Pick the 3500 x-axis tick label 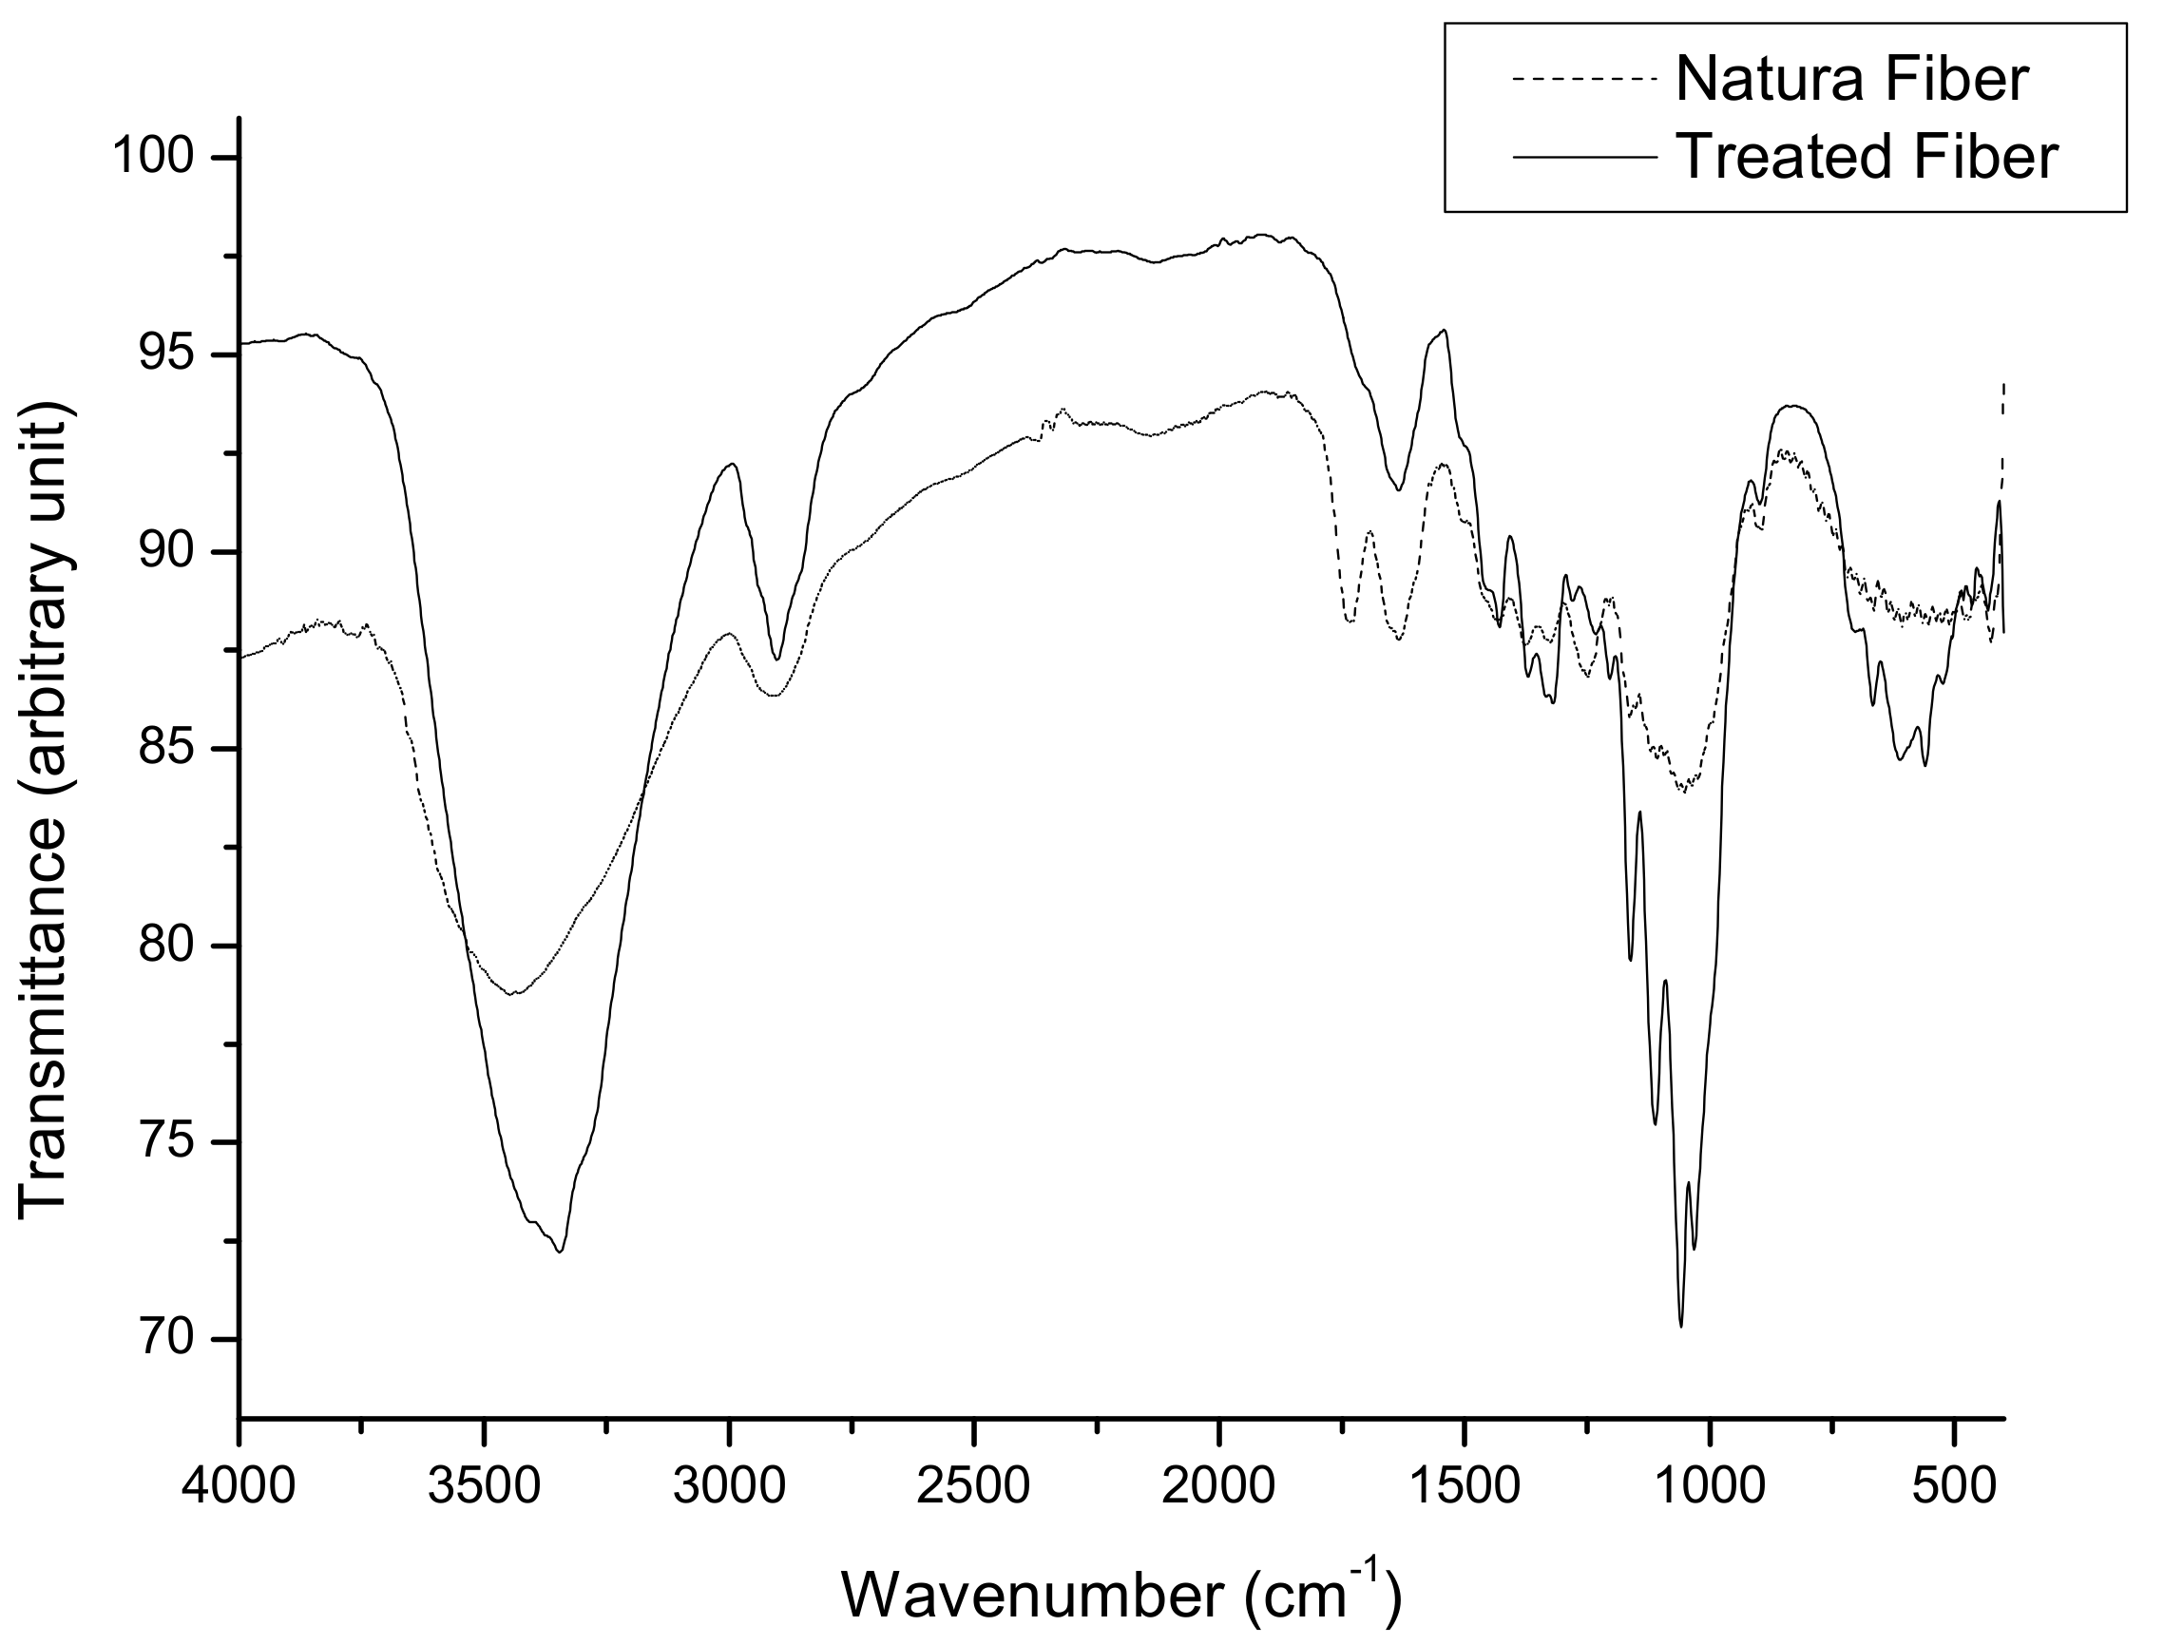485,1486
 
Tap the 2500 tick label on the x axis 975,1486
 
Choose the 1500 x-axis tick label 1465,1486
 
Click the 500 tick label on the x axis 1955,1486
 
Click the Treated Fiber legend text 1867,157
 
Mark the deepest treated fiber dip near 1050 1681,1326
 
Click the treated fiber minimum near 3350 559,1252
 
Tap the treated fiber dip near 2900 776,660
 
